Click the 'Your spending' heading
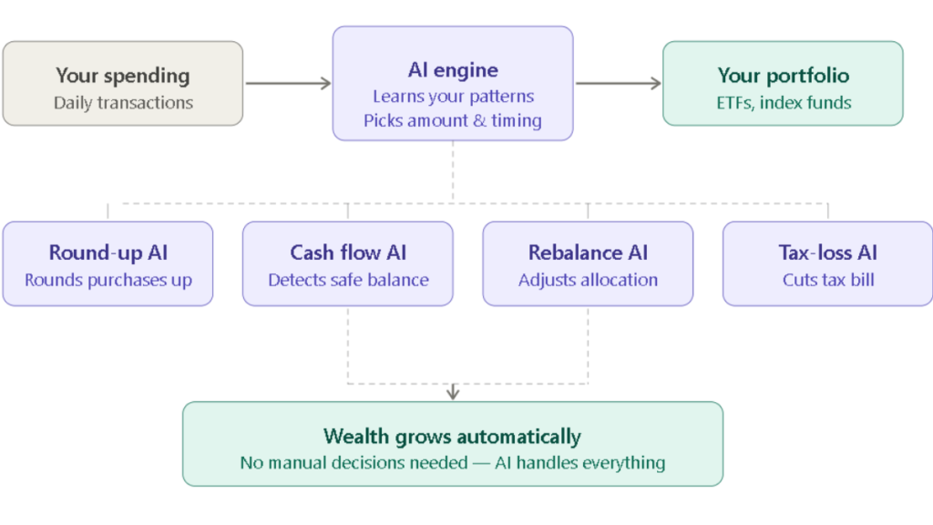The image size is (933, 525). click(x=122, y=75)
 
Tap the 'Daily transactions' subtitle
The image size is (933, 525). click(x=123, y=102)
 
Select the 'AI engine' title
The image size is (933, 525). click(x=452, y=69)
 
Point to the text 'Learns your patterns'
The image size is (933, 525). click(x=453, y=96)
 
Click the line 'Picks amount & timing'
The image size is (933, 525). click(x=453, y=120)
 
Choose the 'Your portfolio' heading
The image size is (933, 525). click(x=783, y=75)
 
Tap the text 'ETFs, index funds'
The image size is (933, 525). click(x=783, y=102)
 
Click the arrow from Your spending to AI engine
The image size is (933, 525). click(x=287, y=84)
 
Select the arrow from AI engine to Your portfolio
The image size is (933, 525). click(x=618, y=84)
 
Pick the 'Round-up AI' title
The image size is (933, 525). click(x=108, y=252)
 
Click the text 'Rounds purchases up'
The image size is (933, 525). click(x=108, y=280)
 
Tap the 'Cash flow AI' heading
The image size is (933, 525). click(x=348, y=252)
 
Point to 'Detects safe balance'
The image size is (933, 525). click(x=348, y=280)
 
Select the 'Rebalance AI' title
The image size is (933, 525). click(x=588, y=252)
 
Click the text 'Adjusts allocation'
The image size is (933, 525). click(x=588, y=280)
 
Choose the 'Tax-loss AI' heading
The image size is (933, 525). click(x=827, y=252)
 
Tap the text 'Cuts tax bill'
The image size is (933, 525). click(x=827, y=280)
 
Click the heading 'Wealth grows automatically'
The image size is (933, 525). click(x=452, y=436)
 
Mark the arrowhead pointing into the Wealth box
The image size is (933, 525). click(x=453, y=394)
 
